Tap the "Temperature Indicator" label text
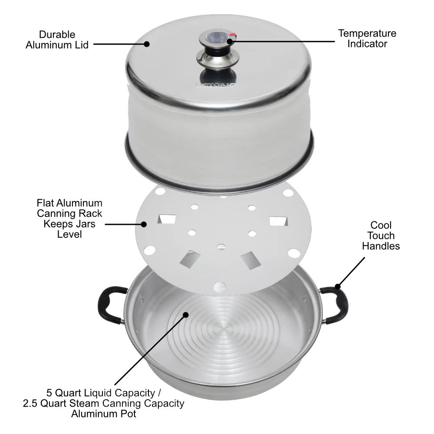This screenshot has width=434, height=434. click(367, 39)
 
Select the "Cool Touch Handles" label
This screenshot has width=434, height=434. click(381, 236)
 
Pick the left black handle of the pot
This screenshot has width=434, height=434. click(109, 305)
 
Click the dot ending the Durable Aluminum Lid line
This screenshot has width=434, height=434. click(147, 44)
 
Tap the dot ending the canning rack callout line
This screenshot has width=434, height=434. click(144, 224)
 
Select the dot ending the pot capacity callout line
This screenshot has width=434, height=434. click(186, 315)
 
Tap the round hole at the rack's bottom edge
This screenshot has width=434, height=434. click(220, 286)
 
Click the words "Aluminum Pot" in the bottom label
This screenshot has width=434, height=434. click(103, 414)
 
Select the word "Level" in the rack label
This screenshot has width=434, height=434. click(69, 234)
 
